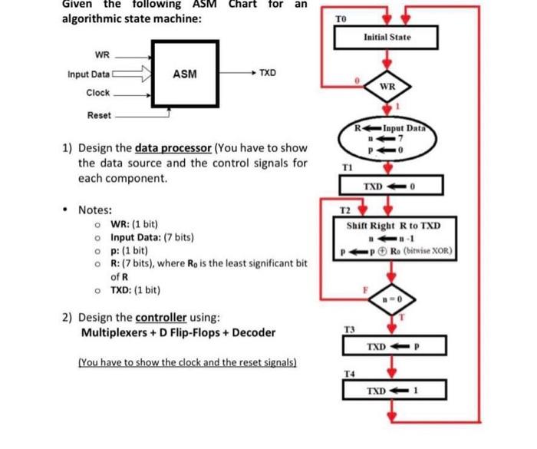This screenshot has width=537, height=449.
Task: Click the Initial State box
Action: (x=387, y=38)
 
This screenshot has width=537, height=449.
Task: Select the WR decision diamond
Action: (x=387, y=86)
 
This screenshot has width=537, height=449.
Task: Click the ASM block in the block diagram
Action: (x=183, y=74)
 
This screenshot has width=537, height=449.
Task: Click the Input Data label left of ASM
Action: (x=88, y=74)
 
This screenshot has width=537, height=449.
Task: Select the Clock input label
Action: (x=98, y=93)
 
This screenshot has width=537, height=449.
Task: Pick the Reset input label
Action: (x=98, y=116)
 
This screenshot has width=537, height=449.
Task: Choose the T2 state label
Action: (x=345, y=210)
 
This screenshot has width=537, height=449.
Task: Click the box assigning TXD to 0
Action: (x=387, y=187)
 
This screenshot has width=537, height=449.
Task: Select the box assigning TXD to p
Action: (x=387, y=346)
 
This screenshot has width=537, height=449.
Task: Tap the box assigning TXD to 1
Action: (x=387, y=391)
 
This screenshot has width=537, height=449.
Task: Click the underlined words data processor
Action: (x=174, y=148)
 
